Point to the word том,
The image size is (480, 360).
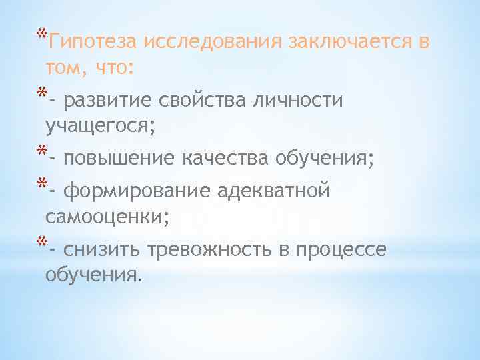67,67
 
